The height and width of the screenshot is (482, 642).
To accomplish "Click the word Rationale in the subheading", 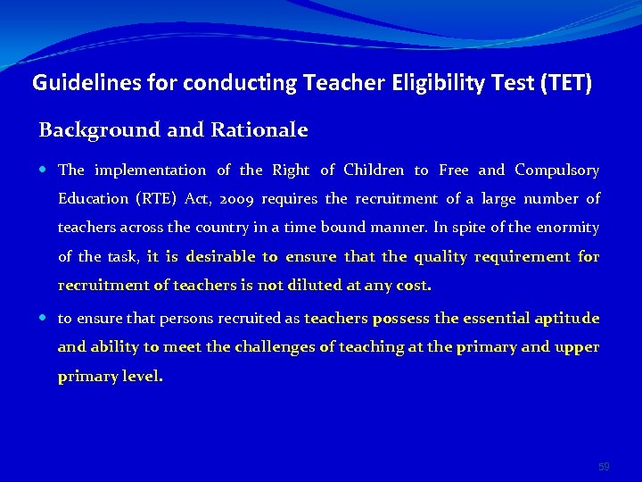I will pos(259,130).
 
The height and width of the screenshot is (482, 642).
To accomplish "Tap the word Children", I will pos(374,170).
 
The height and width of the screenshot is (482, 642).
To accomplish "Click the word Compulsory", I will pos(557,170).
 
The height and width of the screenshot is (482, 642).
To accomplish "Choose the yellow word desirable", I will pos(219,257).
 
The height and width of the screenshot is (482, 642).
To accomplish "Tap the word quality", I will pos(440,257).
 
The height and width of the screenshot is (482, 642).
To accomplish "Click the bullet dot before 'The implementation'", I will pos(45,170).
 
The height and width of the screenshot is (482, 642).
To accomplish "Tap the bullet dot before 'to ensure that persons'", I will pos(45,319).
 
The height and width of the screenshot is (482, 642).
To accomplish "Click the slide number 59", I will pos(605,467).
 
